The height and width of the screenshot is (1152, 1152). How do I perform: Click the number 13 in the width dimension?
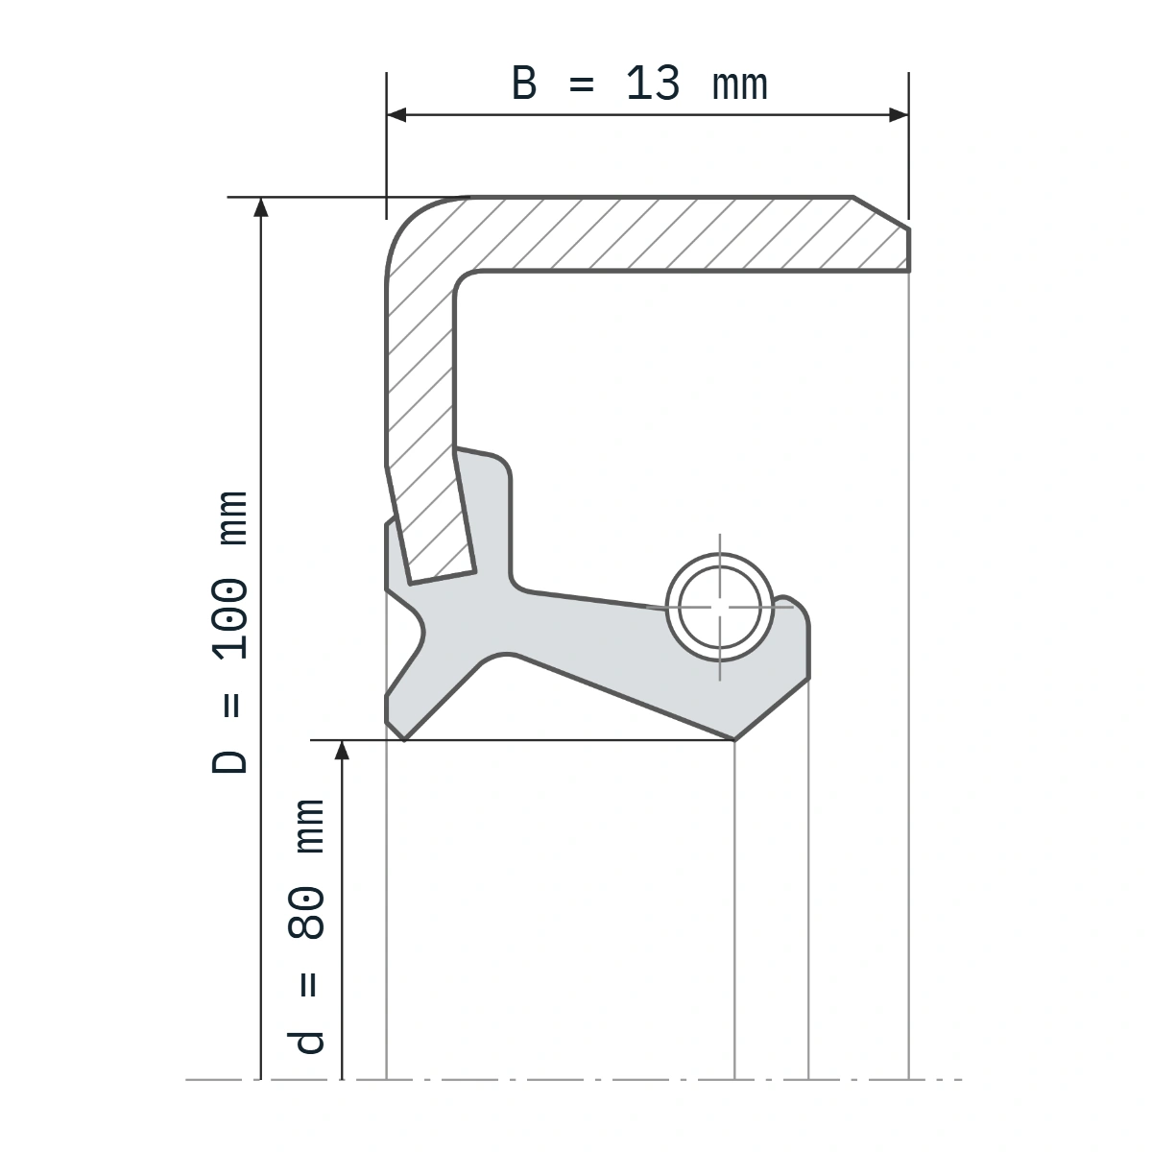click(x=653, y=84)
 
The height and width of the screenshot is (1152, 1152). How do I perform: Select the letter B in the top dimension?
click(x=524, y=84)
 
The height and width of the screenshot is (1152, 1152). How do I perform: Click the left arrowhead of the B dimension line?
click(x=396, y=115)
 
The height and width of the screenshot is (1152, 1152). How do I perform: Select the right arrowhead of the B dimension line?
click(x=899, y=115)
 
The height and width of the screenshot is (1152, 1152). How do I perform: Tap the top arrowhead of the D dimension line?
click(x=261, y=206)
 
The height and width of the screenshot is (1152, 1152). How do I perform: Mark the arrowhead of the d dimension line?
click(x=342, y=751)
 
